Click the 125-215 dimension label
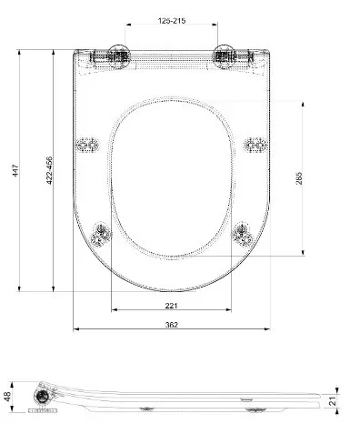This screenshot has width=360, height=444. [172, 21]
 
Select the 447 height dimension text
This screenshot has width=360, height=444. [15, 170]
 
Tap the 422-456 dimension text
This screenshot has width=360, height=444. [49, 170]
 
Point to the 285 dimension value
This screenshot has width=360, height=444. [299, 178]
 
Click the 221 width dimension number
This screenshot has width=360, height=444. [171, 306]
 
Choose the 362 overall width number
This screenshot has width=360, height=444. [172, 325]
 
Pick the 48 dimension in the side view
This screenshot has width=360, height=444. [7, 397]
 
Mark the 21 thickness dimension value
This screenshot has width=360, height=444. [333, 401]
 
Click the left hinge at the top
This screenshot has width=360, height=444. [118, 56]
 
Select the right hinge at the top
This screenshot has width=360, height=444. [225, 56]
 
